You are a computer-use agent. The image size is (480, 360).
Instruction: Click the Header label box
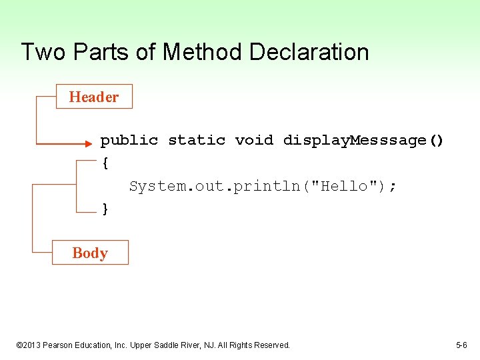tap(94, 97)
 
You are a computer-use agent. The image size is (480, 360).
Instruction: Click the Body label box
tap(90, 253)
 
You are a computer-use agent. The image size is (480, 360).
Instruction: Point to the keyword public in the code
tap(129, 140)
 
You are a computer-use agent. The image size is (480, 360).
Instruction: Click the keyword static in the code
tap(197, 140)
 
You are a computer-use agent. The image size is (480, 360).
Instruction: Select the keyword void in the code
tap(254, 140)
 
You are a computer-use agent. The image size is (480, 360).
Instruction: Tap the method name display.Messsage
tap(355, 140)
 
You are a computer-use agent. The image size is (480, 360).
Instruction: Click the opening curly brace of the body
tap(105, 162)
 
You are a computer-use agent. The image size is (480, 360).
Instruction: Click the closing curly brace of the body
tap(105, 209)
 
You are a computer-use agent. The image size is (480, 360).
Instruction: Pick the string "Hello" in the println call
tap(345, 186)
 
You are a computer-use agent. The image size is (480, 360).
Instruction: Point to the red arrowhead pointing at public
tap(88, 142)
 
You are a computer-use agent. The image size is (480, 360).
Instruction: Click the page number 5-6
tap(461, 345)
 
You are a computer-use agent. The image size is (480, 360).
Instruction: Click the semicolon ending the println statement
tap(393, 187)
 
